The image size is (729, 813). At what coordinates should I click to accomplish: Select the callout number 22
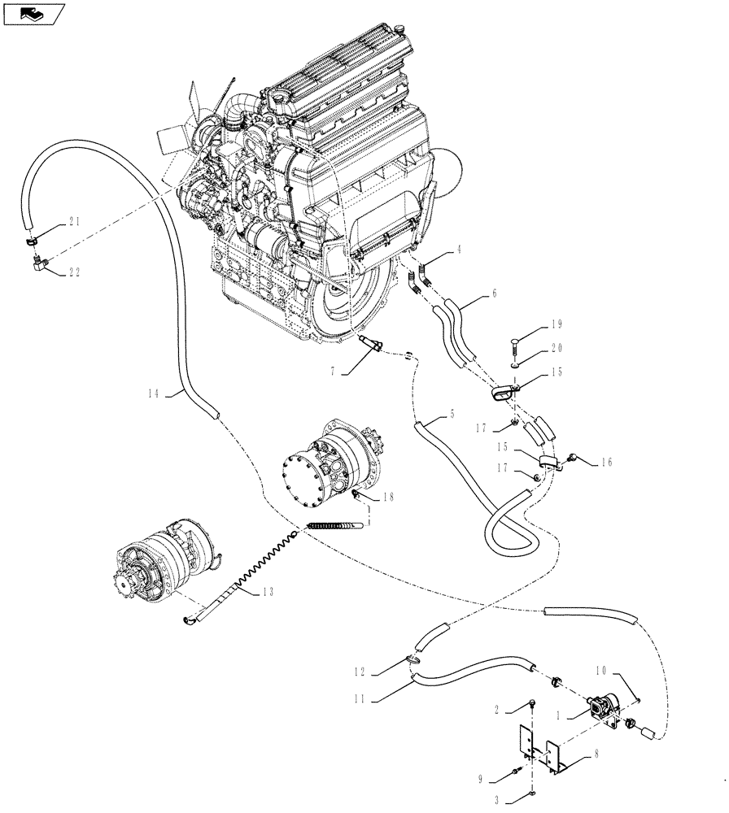tap(74, 272)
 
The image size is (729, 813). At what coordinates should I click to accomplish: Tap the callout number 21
tap(74, 222)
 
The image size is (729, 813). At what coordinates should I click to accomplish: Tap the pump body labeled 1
tap(606, 703)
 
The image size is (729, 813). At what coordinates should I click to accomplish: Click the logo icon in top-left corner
tap(33, 12)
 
